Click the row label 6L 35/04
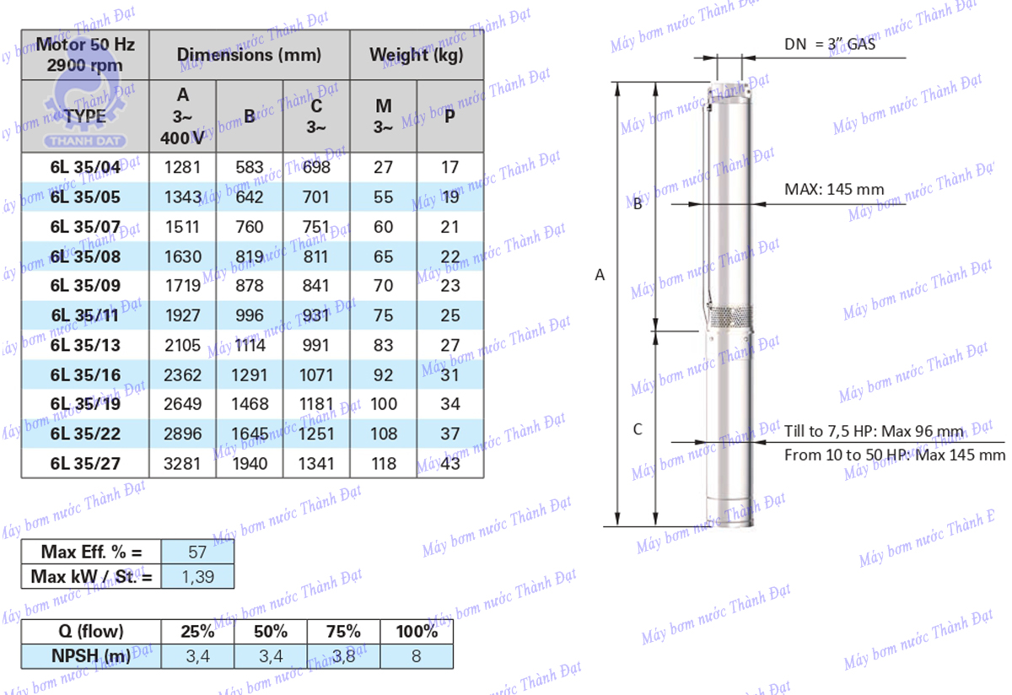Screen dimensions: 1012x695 (x=85, y=167)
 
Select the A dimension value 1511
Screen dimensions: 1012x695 (x=182, y=227)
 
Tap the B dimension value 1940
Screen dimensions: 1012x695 (x=250, y=464)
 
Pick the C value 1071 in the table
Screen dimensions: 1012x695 (x=315, y=375)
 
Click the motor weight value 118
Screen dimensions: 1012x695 (x=384, y=464)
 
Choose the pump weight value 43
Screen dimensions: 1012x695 (x=450, y=464)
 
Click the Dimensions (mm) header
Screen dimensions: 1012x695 (x=249, y=55)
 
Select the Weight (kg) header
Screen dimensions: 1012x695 (x=417, y=55)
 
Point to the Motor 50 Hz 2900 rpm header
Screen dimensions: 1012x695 (x=85, y=55)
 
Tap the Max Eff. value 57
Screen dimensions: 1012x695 (x=197, y=552)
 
